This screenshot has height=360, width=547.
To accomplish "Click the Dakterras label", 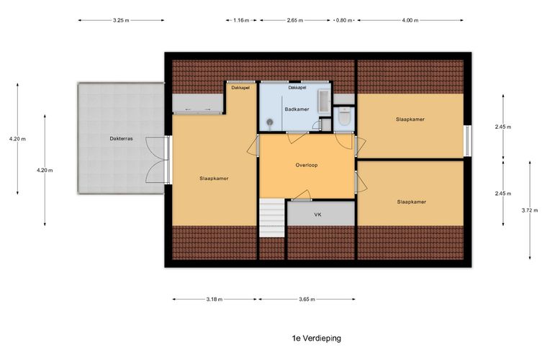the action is pyautogui.click(x=121, y=138).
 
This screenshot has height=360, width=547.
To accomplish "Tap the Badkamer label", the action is pyautogui.click(x=297, y=109).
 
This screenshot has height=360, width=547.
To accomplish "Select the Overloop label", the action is pyautogui.click(x=307, y=165).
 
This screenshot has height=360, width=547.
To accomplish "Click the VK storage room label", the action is pyautogui.click(x=317, y=215).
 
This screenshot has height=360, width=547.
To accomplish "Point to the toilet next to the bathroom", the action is pyautogui.click(x=344, y=117).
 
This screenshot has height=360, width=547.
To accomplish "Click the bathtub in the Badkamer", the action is pyautogui.click(x=324, y=102).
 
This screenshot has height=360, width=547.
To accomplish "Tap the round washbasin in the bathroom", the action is pyautogui.click(x=270, y=122).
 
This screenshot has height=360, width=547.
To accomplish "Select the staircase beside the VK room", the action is pyautogui.click(x=272, y=218).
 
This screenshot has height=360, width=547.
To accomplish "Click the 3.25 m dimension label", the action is pyautogui.click(x=121, y=20).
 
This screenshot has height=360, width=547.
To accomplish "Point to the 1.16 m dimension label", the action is pyautogui.click(x=241, y=20).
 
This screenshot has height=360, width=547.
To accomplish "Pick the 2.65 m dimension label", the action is pyautogui.click(x=295, y=20).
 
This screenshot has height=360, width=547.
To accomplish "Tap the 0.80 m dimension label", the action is pyautogui.click(x=344, y=20).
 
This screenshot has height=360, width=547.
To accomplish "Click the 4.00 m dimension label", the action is pyautogui.click(x=410, y=20).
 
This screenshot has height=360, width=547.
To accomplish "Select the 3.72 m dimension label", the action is pyautogui.click(x=530, y=210).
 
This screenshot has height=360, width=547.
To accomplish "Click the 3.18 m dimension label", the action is pyautogui.click(x=214, y=299).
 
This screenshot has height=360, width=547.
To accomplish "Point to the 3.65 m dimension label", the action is pyautogui.click(x=307, y=299).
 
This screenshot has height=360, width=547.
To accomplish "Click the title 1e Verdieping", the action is pyautogui.click(x=317, y=338).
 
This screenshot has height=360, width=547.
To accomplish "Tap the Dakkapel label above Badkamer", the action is pyautogui.click(x=297, y=88).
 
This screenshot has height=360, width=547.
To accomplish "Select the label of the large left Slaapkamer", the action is pyautogui.click(x=214, y=179).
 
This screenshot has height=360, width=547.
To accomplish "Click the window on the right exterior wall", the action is pyautogui.click(x=467, y=140).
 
